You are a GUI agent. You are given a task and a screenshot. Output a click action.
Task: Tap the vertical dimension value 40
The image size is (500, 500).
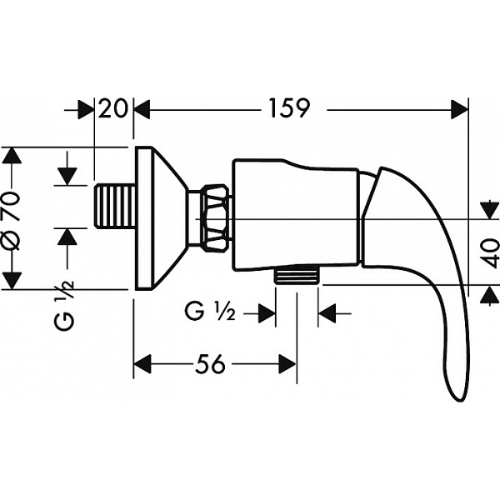491,248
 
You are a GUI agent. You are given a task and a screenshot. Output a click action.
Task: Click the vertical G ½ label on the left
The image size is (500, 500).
67,306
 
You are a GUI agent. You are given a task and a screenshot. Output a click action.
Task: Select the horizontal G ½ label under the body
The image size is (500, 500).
211,313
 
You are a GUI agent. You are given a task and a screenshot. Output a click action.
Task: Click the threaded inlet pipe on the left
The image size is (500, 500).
115,207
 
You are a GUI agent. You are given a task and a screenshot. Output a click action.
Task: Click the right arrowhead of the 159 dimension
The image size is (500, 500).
459,109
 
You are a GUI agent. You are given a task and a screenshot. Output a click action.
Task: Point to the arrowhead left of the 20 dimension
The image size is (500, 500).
87,109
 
